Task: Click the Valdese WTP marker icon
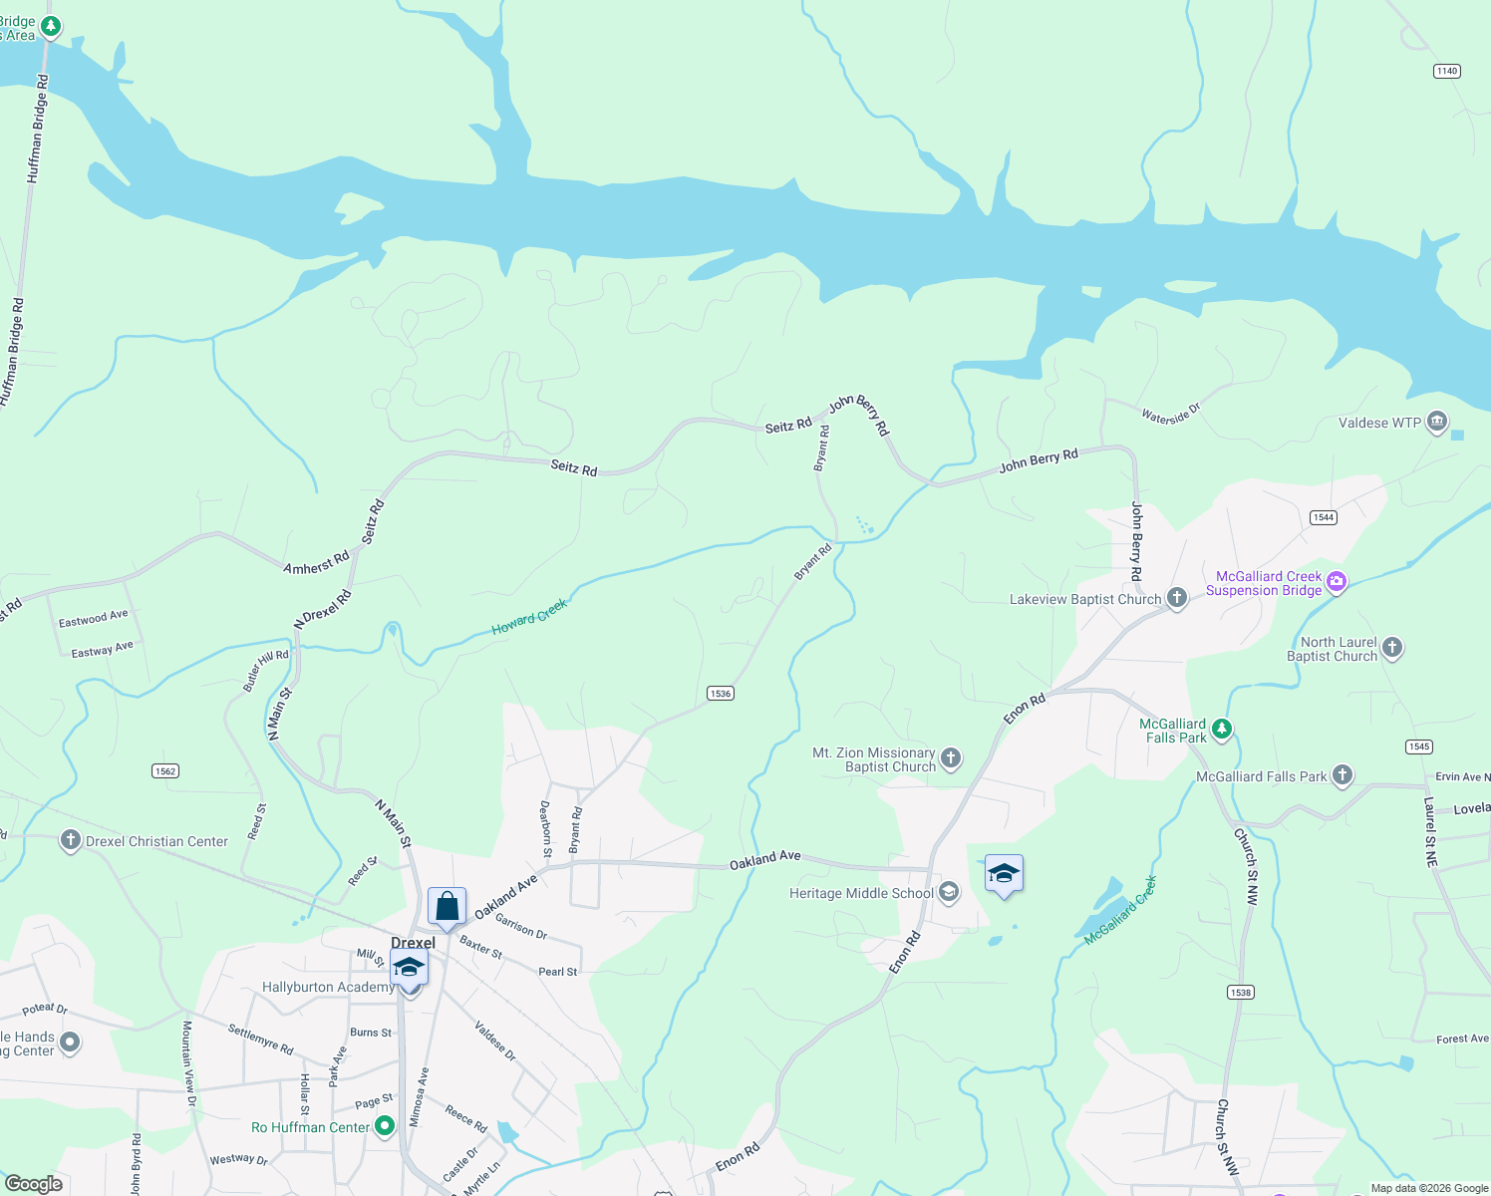pos(1436,422)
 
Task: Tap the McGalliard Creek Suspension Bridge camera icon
pos(1337,582)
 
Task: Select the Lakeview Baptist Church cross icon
pos(1177,598)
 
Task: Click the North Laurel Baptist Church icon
pos(1392,648)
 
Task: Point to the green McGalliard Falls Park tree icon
pos(1222,730)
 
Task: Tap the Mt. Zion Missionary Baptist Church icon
pos(951,758)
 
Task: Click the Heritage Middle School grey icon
pos(949,892)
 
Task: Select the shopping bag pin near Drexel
pos(447,907)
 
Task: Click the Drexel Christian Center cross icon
pos(70,840)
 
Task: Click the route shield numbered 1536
pos(720,694)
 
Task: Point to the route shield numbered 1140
pos(1446,71)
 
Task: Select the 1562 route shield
pos(165,770)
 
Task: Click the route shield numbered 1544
pos(1323,517)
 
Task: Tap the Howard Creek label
pos(529,617)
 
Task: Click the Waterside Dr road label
pos(1171,414)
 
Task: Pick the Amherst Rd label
pos(316,563)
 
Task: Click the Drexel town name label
pos(413,943)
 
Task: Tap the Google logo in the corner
pos(34,1183)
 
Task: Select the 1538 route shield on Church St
pos(1240,992)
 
